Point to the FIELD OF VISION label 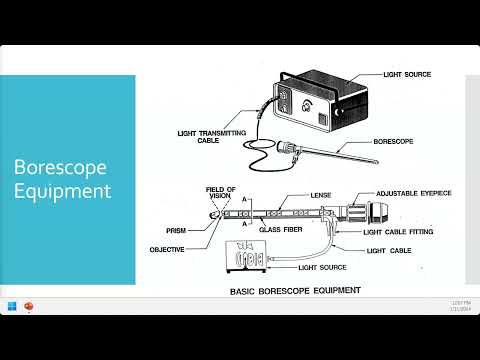219,193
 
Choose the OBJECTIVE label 167,248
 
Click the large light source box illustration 319,101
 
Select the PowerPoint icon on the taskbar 30,333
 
